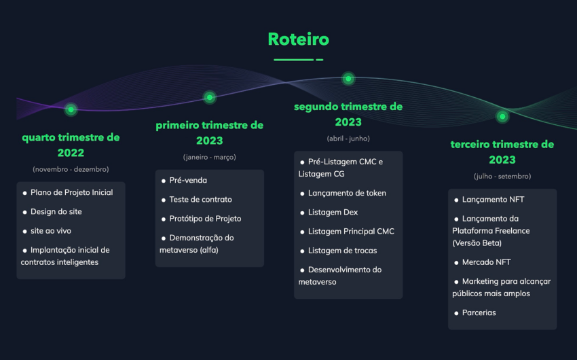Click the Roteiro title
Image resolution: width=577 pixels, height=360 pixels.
(x=299, y=39)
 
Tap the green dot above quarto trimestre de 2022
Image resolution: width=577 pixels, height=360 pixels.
(x=71, y=109)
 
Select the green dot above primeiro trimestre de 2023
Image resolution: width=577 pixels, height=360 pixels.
(x=209, y=97)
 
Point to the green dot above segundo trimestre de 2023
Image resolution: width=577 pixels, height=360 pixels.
(x=348, y=78)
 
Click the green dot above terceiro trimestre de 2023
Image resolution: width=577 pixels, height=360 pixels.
(x=502, y=116)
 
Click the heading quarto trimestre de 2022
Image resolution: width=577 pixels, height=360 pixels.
(x=71, y=145)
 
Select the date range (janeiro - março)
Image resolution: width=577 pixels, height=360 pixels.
(x=209, y=157)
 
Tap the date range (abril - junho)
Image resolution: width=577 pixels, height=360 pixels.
(x=348, y=139)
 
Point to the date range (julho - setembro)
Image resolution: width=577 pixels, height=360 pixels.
(x=502, y=177)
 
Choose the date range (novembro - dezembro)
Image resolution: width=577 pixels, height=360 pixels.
(x=71, y=169)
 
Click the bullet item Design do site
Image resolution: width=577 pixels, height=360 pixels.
(x=56, y=212)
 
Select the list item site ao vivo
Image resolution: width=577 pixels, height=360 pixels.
(x=51, y=231)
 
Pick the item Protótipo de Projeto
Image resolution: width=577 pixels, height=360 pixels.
(x=205, y=219)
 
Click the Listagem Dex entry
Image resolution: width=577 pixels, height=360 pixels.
(x=333, y=213)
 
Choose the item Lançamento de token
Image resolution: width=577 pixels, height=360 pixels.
(x=347, y=194)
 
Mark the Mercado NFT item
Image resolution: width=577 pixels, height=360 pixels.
(x=486, y=262)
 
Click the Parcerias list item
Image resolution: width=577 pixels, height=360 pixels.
(x=479, y=312)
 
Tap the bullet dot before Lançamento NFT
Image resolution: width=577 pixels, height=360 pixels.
(x=456, y=200)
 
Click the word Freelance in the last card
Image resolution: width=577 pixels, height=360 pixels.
(x=512, y=231)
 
